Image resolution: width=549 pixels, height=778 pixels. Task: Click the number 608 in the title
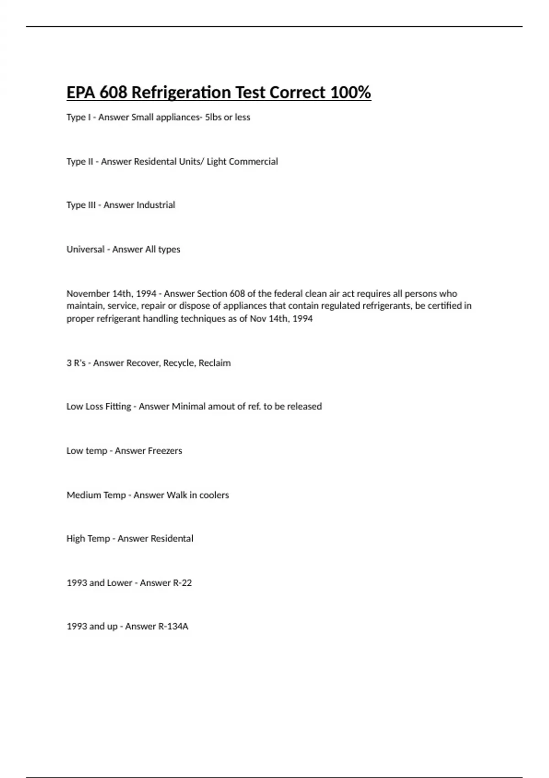click(113, 92)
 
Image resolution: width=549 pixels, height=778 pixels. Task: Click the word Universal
click(85, 249)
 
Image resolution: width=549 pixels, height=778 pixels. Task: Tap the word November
click(87, 293)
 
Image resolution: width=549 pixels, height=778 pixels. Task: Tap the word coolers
click(214, 495)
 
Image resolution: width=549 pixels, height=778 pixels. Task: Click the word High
click(75, 539)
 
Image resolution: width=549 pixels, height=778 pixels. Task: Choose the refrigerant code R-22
click(182, 583)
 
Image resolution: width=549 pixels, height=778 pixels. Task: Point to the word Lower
click(120, 583)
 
